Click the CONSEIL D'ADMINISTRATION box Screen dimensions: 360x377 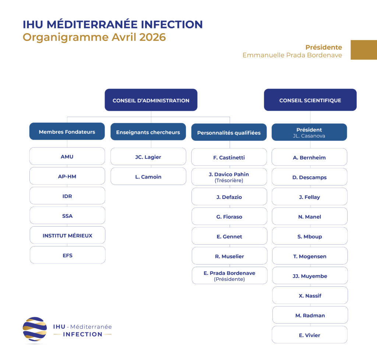point(151,100)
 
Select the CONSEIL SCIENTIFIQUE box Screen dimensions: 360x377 point(310,100)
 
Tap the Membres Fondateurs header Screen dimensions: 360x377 point(67,132)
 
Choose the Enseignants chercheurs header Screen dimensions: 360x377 point(148,132)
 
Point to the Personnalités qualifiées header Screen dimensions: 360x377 point(229,132)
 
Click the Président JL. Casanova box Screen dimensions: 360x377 point(309,132)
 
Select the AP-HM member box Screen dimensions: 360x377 point(67,176)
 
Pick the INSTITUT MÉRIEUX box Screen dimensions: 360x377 point(67,235)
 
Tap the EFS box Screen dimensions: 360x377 point(67,255)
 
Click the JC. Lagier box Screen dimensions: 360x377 point(148,157)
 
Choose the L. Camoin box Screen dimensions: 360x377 point(148,176)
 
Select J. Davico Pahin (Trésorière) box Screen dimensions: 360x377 point(229,177)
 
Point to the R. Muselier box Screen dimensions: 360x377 point(229,256)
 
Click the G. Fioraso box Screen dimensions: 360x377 point(229,217)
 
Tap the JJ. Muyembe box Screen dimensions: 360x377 point(310,276)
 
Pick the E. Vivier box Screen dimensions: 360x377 point(310,335)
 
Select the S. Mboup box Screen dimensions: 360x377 point(310,236)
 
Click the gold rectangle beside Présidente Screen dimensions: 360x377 point(363,50)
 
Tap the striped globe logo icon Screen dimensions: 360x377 point(35,329)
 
